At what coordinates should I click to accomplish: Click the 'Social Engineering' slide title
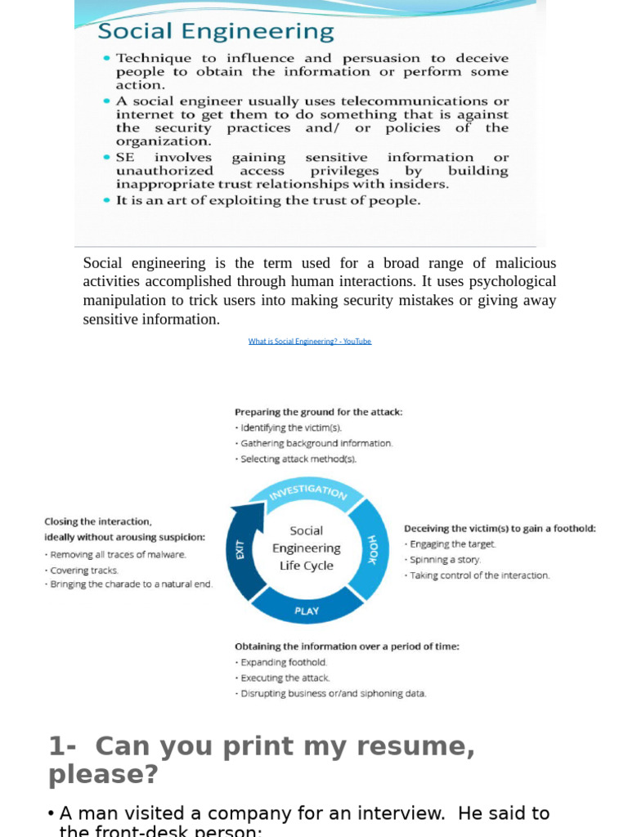[x=216, y=32]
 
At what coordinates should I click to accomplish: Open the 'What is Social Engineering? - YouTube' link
[x=310, y=342]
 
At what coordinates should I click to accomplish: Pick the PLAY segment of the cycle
[x=306, y=611]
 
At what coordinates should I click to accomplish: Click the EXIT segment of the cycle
[x=240, y=551]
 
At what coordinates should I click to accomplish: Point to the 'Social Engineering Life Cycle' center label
[x=307, y=548]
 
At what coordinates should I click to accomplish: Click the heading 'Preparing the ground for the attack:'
[x=318, y=412]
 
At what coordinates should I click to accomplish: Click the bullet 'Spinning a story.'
[x=445, y=560]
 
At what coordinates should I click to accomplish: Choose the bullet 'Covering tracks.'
[x=83, y=571]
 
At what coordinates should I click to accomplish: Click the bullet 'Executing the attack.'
[x=285, y=678]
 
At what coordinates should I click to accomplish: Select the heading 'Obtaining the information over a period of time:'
[x=347, y=646]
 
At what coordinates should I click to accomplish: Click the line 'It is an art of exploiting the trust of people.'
[x=268, y=200]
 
